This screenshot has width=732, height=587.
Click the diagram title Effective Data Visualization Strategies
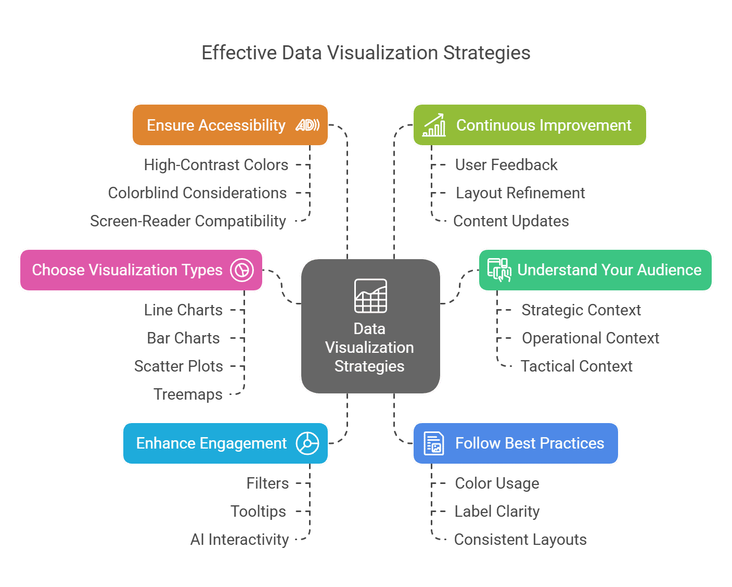(x=366, y=53)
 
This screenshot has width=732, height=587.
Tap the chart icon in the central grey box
(x=370, y=296)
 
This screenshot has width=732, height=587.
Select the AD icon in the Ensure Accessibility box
(x=307, y=125)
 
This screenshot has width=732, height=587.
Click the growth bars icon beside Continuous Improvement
(x=434, y=125)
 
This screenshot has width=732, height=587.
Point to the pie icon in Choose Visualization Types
(x=242, y=270)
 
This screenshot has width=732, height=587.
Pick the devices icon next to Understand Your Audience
(x=499, y=270)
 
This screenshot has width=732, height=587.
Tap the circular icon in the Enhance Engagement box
(x=307, y=443)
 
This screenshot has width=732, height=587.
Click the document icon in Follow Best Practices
(x=433, y=443)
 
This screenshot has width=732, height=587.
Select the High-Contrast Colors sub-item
(x=216, y=165)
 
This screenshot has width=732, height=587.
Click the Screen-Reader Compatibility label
(x=188, y=221)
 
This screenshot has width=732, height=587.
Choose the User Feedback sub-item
(x=506, y=165)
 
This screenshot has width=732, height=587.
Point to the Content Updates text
(x=511, y=221)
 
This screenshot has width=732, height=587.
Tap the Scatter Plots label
(x=178, y=366)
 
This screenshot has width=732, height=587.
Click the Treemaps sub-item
(x=188, y=394)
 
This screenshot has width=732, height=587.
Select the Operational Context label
(x=590, y=338)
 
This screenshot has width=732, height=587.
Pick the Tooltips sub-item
(x=258, y=512)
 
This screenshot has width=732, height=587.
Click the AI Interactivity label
(x=239, y=540)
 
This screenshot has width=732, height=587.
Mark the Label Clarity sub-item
(x=497, y=512)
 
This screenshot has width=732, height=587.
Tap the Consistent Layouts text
(x=520, y=540)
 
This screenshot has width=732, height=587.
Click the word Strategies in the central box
(x=369, y=366)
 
